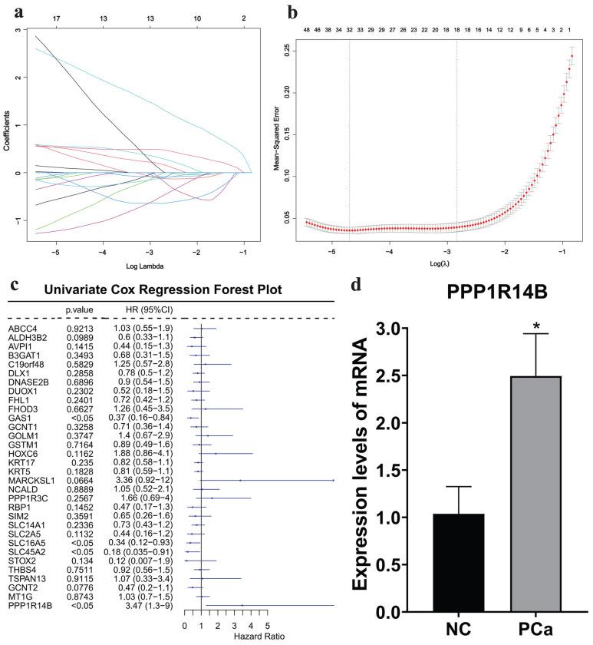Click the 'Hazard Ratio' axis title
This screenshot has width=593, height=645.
(226, 637)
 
